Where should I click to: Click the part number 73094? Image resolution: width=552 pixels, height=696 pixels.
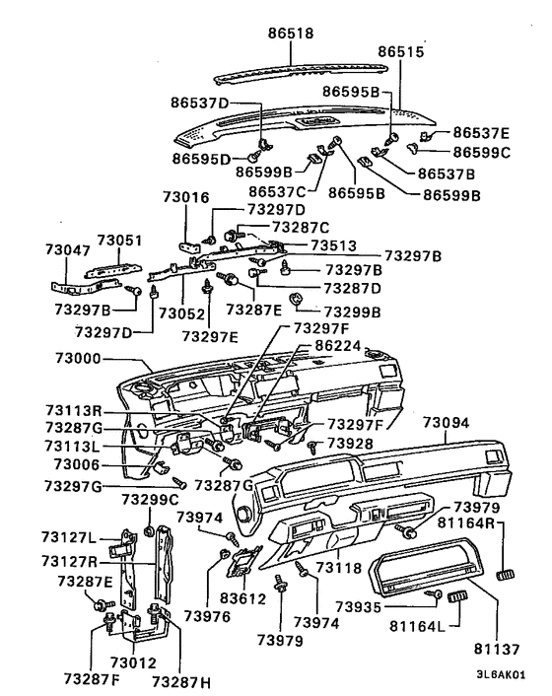point(448,422)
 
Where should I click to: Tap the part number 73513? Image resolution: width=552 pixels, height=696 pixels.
point(332,244)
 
